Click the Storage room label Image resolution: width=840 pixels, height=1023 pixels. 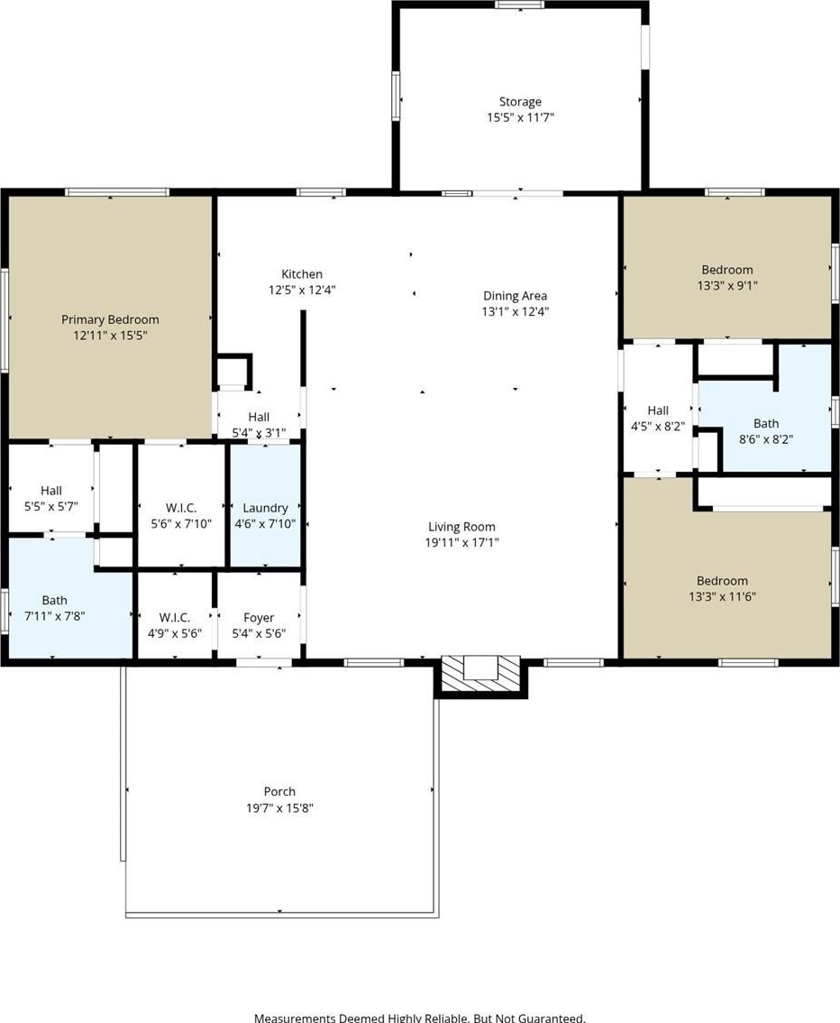pos(520,102)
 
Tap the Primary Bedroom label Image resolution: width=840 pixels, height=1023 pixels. pos(110,319)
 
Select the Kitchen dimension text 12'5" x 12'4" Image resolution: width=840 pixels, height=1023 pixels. pos(302,290)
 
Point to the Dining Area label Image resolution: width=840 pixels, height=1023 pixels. pos(515,296)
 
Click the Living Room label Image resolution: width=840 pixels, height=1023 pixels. pos(461,527)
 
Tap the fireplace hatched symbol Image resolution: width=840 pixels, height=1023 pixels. pos(481,674)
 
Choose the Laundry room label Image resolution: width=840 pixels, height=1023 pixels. pos(265,508)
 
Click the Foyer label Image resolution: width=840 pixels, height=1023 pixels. pos(259,617)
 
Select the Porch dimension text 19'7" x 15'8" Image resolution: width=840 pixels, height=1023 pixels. pos(279,807)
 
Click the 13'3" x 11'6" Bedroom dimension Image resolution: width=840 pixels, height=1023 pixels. pos(722,596)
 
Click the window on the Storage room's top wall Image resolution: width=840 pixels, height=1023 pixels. pos(519,5)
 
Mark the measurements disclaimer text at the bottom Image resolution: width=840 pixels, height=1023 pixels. pos(420,1017)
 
